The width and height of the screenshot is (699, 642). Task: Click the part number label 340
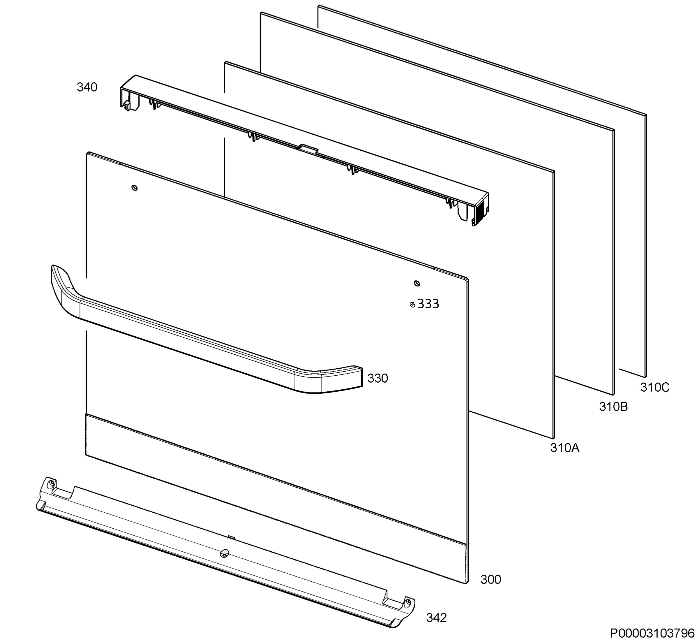click(x=87, y=87)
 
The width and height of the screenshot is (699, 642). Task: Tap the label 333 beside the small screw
click(x=428, y=304)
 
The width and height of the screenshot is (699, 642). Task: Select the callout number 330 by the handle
click(x=377, y=378)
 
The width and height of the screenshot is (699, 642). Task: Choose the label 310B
click(x=614, y=407)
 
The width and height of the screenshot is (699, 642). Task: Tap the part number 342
click(x=437, y=618)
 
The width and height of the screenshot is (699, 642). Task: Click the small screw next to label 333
click(x=412, y=305)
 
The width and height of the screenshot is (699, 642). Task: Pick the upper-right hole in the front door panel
click(x=417, y=284)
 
